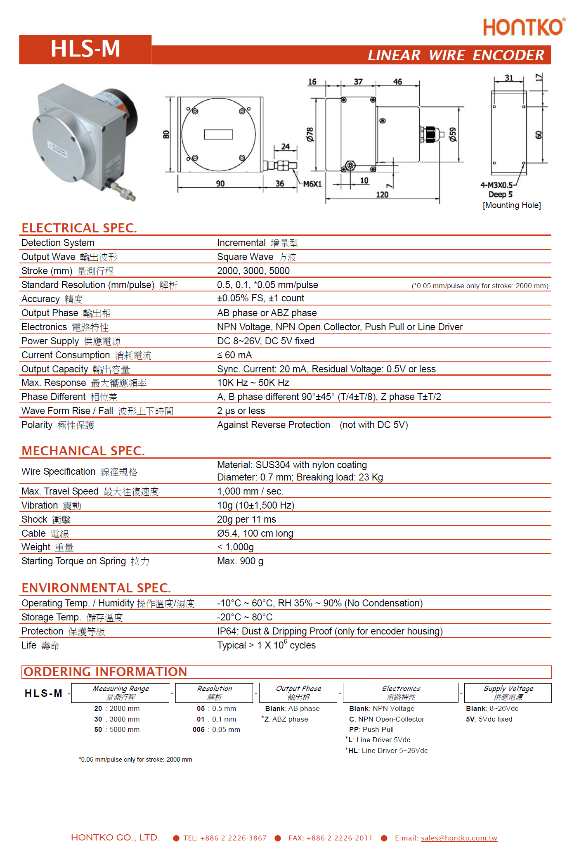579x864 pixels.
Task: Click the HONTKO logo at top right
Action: point(523,27)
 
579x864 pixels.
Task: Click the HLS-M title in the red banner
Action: point(85,49)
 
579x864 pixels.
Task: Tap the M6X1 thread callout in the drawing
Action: point(312,184)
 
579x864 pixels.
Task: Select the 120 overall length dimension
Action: point(382,194)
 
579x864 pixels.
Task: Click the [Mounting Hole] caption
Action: point(512,205)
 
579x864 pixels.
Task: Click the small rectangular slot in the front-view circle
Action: point(218,135)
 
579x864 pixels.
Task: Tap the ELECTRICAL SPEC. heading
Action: point(79,228)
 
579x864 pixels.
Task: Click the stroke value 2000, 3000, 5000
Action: point(253,271)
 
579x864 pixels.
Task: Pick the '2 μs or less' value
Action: point(241,411)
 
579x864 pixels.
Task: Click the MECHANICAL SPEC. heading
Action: point(83,451)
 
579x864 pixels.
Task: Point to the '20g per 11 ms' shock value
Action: point(246,519)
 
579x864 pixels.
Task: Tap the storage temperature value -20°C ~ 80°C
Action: point(245,617)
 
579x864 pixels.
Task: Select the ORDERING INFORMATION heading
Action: point(105,672)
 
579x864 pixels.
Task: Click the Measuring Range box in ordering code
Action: point(121,693)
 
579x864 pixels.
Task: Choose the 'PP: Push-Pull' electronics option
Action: point(371,729)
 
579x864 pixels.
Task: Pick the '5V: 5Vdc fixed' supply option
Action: point(489,719)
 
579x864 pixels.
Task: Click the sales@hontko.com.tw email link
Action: point(459,838)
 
